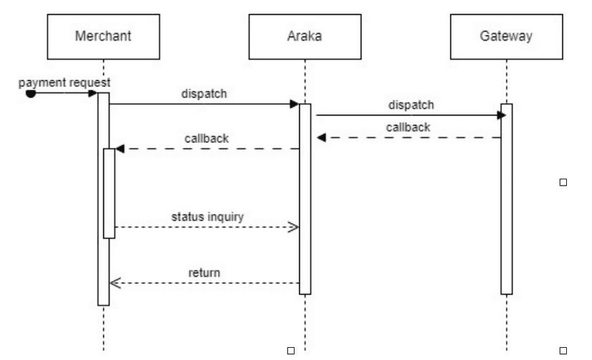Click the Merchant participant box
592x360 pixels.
click(x=103, y=36)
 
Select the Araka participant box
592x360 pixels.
click(x=305, y=36)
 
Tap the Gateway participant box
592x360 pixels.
click(x=506, y=36)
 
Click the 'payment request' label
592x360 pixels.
click(x=65, y=82)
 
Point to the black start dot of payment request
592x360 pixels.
click(x=30, y=93)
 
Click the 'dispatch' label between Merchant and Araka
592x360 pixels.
click(x=204, y=93)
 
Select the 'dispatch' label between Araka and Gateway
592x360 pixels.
click(x=411, y=105)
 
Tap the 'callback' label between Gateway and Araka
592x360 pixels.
click(x=409, y=126)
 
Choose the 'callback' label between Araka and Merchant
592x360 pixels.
click(x=207, y=138)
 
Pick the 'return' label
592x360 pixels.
click(x=204, y=273)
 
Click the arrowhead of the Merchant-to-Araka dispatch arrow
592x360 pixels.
click(x=294, y=104)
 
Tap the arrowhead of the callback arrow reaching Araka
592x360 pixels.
click(x=322, y=137)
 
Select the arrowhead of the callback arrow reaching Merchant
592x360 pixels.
click(x=120, y=148)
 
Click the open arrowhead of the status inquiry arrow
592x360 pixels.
click(x=293, y=227)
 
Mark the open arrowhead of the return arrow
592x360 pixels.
click(x=115, y=283)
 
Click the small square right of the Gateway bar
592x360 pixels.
click(x=563, y=183)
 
